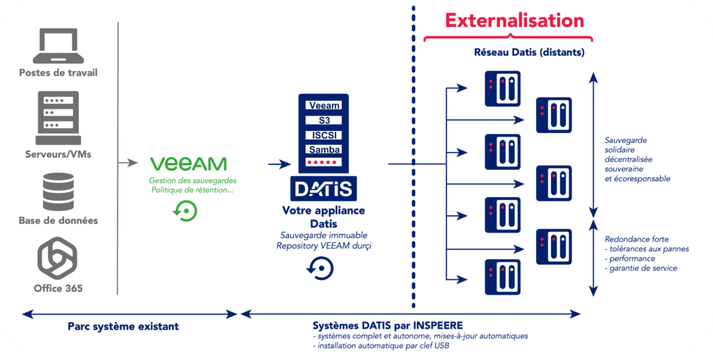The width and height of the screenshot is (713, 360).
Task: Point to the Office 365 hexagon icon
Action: tap(58, 258)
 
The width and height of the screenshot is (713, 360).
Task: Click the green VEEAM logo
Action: tap(189, 164)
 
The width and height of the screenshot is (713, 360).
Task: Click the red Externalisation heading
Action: tap(515, 20)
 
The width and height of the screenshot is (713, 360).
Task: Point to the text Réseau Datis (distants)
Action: tap(528, 52)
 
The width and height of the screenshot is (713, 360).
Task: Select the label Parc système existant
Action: tap(123, 326)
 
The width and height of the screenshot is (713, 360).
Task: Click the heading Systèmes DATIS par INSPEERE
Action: tap(388, 325)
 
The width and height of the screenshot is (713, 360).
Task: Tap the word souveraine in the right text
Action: tap(624, 169)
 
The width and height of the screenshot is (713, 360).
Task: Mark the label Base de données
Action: tap(58, 221)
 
